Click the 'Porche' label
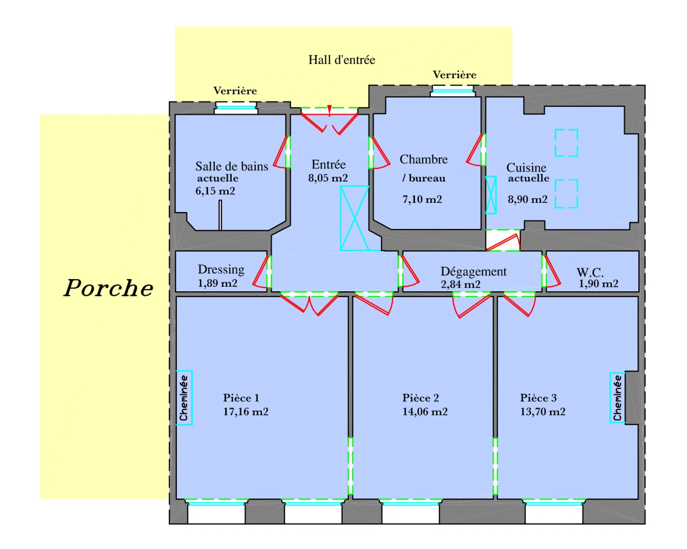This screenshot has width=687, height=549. (x=108, y=288)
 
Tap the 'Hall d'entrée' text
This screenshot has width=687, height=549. (x=341, y=60)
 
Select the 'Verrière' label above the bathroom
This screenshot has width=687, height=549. (x=235, y=91)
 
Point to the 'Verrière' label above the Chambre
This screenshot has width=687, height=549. (x=454, y=75)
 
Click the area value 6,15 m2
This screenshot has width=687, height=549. (x=215, y=191)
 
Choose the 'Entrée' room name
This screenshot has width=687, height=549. (x=328, y=165)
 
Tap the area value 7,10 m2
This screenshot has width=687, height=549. (x=422, y=199)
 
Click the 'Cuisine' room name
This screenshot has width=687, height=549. (x=526, y=167)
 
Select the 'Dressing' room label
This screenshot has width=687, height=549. (x=221, y=269)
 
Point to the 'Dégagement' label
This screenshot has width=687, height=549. (x=473, y=271)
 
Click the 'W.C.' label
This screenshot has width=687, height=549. (x=590, y=272)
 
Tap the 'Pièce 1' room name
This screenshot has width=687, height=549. (x=241, y=398)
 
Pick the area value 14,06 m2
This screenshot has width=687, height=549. (x=425, y=412)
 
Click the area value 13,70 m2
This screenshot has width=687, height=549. (x=543, y=412)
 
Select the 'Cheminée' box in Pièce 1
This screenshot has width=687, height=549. (x=184, y=398)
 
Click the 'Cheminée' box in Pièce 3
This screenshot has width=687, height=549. (x=617, y=398)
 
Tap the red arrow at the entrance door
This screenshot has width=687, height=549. (x=329, y=110)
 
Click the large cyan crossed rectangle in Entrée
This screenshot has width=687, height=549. (x=354, y=218)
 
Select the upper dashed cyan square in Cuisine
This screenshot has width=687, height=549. (x=566, y=143)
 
